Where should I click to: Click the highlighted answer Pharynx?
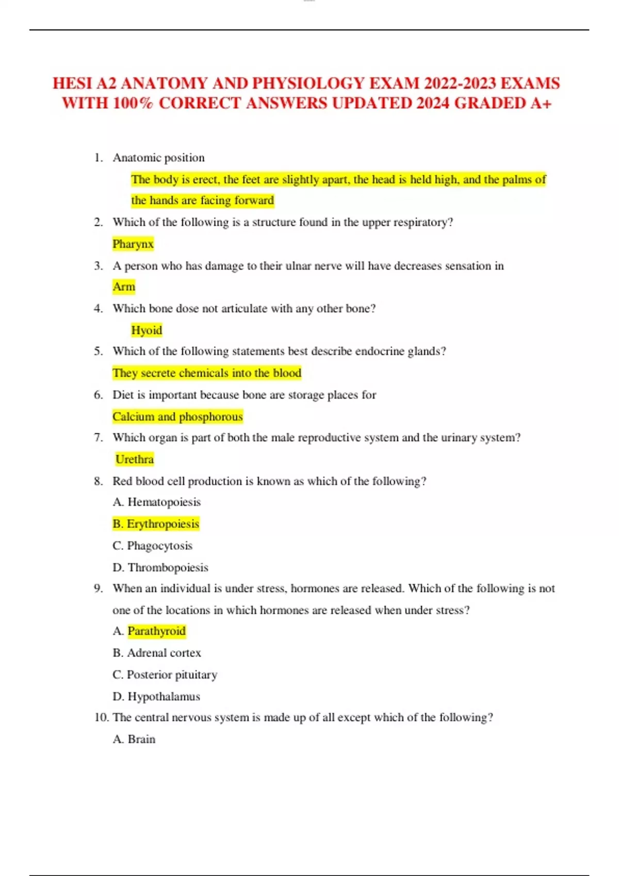coord(133,244)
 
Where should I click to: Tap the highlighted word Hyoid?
coord(146,330)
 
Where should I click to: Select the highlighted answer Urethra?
coord(135,459)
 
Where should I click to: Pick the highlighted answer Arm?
coord(124,287)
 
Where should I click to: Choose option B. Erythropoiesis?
coord(156,524)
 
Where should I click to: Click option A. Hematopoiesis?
coord(157,502)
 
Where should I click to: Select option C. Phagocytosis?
coord(153,546)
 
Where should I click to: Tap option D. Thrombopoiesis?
coord(160,567)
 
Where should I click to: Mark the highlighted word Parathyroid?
coord(156,631)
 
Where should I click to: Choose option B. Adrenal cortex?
coord(157,653)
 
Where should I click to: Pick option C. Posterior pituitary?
coord(165,675)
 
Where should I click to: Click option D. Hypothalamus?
coord(156,697)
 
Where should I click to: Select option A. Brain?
coord(134,739)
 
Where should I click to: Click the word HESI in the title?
coord(72,83)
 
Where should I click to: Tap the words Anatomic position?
coord(158,158)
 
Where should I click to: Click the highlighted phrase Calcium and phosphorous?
coord(177,416)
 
